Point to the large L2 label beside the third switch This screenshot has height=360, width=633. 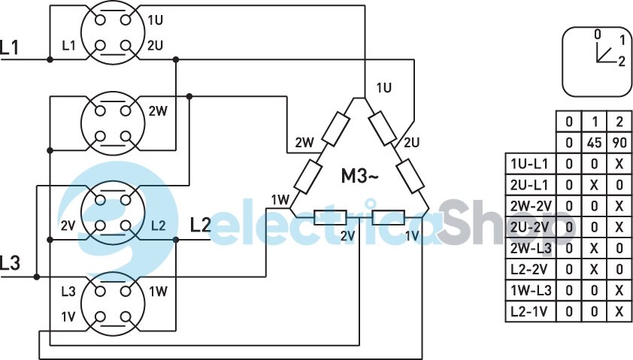click(x=201, y=224)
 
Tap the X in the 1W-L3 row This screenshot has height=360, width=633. click(x=619, y=290)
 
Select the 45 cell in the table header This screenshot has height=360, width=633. click(x=595, y=142)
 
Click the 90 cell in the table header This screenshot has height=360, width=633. click(x=619, y=142)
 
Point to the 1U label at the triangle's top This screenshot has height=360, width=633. click(x=383, y=87)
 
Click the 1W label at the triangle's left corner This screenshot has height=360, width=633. click(x=280, y=199)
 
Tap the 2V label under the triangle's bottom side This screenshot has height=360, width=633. click(x=347, y=236)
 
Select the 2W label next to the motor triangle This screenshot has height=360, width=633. click(x=304, y=142)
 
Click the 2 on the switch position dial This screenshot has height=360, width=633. click(x=621, y=62)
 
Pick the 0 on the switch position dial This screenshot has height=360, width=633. click(x=597, y=34)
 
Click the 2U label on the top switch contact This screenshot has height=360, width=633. click(x=155, y=46)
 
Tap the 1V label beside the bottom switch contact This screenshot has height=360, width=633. click(x=68, y=316)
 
